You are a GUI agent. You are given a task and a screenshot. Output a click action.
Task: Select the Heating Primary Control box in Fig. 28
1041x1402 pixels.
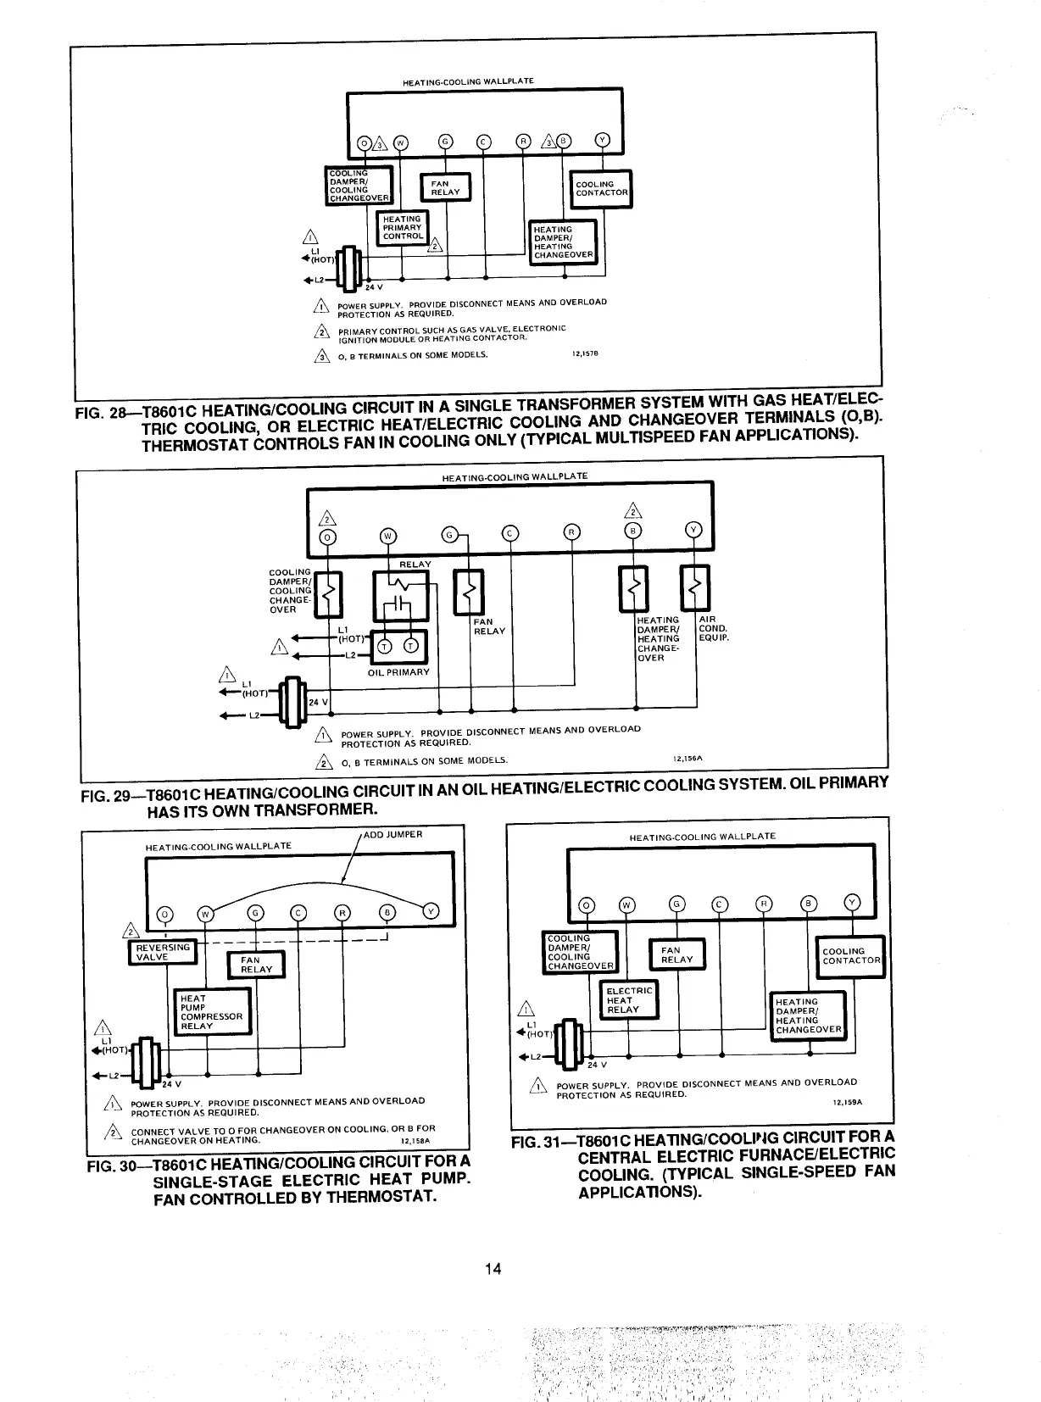pos(402,227)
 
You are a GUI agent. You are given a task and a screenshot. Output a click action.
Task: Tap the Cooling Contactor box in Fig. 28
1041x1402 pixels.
pos(602,188)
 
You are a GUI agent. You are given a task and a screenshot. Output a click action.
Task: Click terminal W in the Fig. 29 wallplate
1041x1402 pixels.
pos(387,535)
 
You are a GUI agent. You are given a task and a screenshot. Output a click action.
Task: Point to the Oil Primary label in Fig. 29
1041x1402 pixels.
pos(398,672)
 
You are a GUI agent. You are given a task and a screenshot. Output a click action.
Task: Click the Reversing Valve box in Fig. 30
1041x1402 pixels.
pos(161,952)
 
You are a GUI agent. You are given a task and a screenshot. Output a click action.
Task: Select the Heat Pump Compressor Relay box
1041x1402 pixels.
pos(212,1012)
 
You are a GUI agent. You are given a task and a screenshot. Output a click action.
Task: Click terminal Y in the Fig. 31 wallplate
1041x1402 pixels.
pos(852,904)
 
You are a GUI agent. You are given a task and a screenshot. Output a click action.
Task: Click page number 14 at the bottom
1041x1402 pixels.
pos(493,1269)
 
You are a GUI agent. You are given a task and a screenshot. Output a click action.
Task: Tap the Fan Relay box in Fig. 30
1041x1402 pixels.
pos(256,965)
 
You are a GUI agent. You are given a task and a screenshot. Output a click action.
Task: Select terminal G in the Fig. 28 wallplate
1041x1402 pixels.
pos(446,142)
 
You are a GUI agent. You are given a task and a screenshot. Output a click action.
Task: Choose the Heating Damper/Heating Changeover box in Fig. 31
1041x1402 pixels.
pos(809,1015)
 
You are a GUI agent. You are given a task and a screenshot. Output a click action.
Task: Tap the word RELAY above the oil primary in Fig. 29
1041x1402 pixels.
pos(415,565)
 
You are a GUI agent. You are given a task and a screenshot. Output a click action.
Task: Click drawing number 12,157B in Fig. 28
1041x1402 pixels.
pos(586,355)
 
